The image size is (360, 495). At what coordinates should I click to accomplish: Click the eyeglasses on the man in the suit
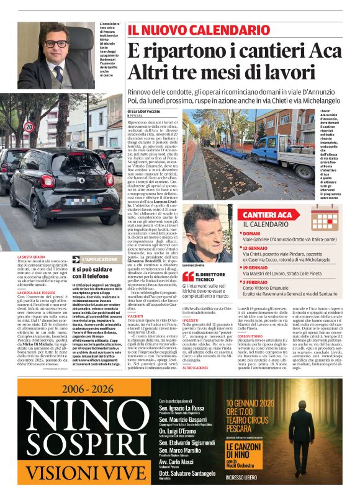click(x=56, y=45)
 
